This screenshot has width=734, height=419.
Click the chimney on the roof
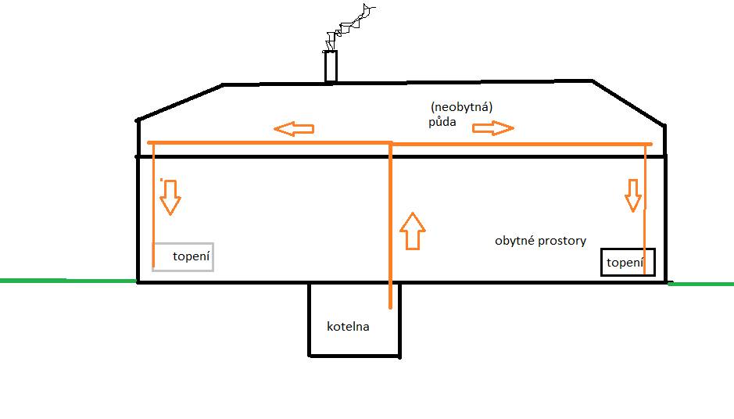point(331,66)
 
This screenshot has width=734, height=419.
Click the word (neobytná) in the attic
point(461,107)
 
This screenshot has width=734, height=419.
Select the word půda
point(442,122)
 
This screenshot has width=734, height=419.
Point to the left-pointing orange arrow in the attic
point(293,129)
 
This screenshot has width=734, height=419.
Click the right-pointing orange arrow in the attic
point(493,127)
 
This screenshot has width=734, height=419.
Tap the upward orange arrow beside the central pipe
point(413,231)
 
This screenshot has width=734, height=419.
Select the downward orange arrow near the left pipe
point(170,197)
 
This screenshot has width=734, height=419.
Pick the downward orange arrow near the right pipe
point(633,195)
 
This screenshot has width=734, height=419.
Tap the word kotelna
point(348,326)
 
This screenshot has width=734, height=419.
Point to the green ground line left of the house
point(68,281)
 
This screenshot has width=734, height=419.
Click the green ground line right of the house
point(700,284)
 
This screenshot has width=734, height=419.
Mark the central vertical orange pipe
point(390,225)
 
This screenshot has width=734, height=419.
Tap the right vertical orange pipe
point(645,209)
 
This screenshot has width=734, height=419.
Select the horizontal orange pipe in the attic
point(399,143)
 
